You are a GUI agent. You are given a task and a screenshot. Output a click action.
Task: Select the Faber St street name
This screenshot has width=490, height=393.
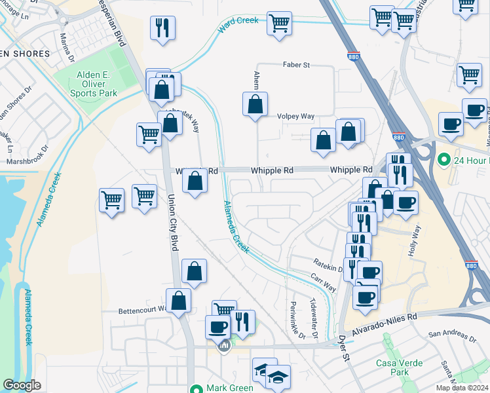[x=296, y=65]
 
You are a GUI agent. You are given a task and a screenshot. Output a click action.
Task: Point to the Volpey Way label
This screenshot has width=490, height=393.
[x=297, y=116]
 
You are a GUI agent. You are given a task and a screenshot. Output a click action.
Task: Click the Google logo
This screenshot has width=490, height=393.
[x=22, y=385]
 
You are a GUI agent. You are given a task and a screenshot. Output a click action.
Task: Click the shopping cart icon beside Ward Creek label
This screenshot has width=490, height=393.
[x=280, y=23]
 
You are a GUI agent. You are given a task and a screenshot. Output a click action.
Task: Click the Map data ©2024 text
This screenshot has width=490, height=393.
[x=463, y=388]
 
